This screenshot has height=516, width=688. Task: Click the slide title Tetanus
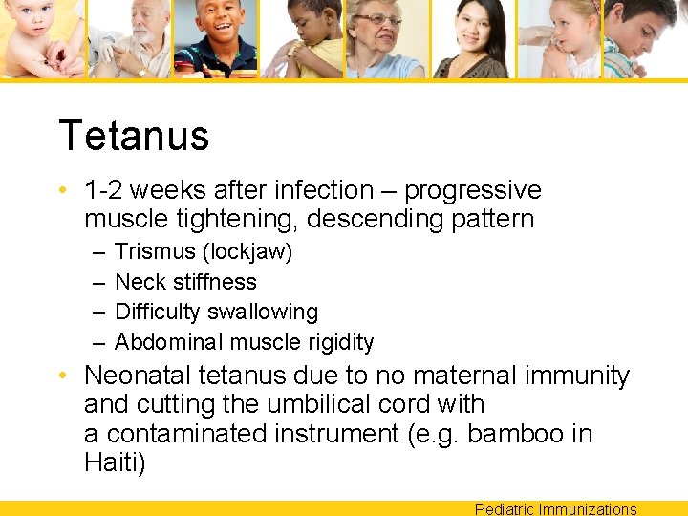click(134, 136)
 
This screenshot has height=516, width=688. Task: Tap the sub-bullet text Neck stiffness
click(185, 282)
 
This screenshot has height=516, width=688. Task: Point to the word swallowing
click(269, 312)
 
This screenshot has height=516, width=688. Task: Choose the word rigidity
click(340, 342)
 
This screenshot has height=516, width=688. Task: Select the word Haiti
click(115, 463)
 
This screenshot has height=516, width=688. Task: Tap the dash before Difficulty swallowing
click(99, 312)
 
